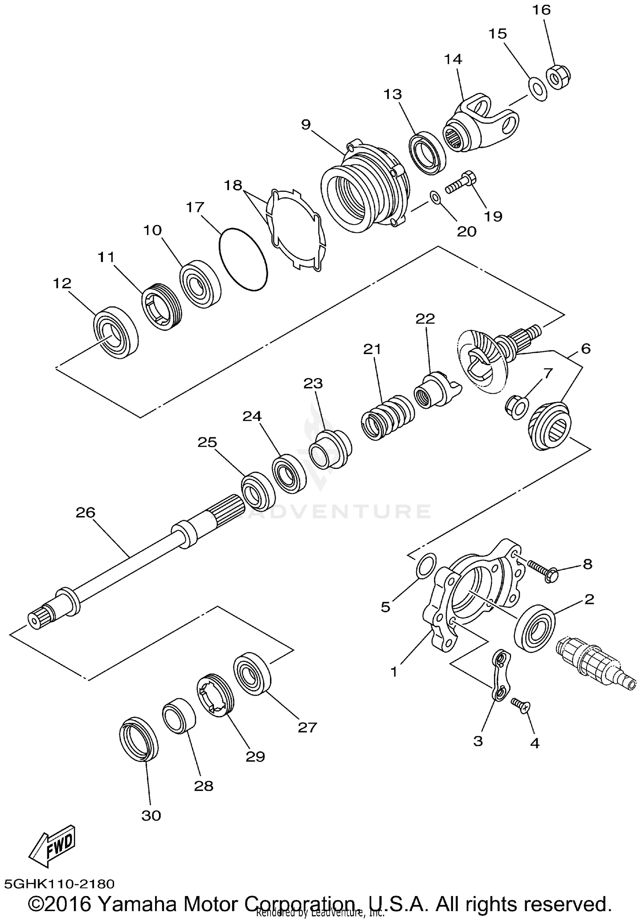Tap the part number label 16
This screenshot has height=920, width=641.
point(541,9)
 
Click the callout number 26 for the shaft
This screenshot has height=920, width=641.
point(85,512)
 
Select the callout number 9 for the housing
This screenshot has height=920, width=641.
point(306,124)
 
